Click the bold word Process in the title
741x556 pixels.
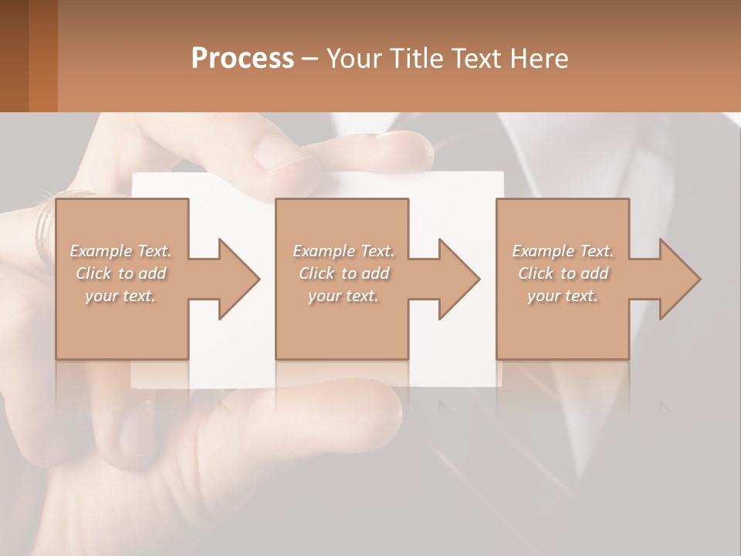point(242,59)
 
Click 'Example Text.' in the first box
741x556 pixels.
point(120,251)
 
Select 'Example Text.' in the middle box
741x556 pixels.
point(343,251)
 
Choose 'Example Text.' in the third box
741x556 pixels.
point(563,251)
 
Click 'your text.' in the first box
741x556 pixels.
point(120,296)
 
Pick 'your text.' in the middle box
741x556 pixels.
point(343,296)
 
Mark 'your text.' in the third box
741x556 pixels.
point(563,296)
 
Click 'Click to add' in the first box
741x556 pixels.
point(120,273)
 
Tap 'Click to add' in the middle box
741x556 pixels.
point(343,273)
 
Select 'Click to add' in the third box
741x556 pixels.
point(563,273)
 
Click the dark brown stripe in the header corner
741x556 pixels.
point(14,56)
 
